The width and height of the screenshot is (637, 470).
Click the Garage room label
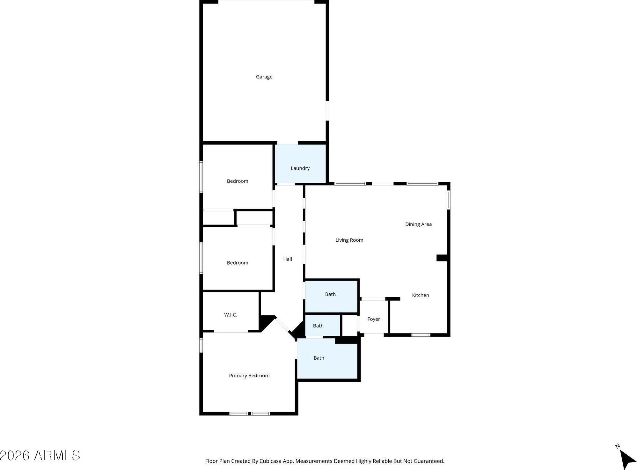pos(264,77)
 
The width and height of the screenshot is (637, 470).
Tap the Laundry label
pos(300,168)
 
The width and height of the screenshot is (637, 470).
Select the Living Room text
pos(349,240)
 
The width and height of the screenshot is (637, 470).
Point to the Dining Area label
pos(418,224)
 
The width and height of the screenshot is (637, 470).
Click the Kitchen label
pos(420,295)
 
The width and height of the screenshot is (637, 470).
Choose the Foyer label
pos(373,319)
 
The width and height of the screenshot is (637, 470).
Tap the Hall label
pos(287,259)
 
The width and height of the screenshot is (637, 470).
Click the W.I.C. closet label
pos(230,315)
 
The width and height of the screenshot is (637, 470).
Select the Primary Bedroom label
pos(249,376)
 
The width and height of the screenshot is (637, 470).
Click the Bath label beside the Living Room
pos(330,294)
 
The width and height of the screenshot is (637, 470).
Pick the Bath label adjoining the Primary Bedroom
pos(318,358)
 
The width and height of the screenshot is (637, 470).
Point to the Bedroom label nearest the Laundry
pos(237,181)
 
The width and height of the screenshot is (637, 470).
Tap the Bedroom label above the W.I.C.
pos(237,263)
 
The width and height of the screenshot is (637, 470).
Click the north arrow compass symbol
pos(627,459)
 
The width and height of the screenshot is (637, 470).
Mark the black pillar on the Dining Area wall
pos(442,258)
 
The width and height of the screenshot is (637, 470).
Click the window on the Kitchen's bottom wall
pos(421,335)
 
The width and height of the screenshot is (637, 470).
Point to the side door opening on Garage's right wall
pos(327,111)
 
